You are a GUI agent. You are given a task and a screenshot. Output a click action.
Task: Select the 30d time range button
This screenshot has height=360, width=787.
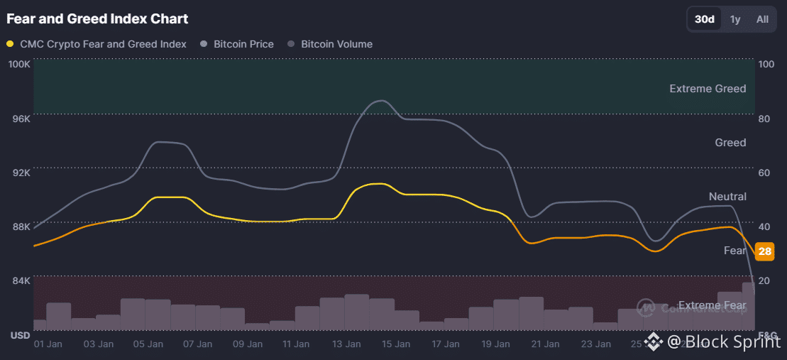click(705, 19)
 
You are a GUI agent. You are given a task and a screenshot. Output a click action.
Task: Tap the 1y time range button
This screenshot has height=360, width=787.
click(735, 19)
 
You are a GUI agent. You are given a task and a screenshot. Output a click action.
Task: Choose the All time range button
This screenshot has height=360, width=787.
click(762, 19)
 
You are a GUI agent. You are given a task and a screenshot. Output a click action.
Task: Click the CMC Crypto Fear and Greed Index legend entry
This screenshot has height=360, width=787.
click(97, 44)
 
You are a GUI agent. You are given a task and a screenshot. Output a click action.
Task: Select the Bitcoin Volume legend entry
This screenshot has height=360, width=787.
click(330, 44)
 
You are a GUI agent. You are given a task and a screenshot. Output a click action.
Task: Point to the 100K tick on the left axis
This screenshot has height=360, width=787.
click(18, 64)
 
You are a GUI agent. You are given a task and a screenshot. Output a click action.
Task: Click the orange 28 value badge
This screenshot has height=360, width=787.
click(764, 251)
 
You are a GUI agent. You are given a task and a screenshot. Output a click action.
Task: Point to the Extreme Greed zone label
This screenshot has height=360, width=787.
click(708, 89)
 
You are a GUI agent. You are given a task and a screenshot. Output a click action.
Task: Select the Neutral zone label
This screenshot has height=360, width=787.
click(727, 197)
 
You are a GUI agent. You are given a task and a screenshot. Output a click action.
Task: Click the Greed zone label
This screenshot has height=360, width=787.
click(730, 143)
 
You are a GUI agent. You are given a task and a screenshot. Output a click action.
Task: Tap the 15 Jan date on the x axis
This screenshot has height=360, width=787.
click(395, 344)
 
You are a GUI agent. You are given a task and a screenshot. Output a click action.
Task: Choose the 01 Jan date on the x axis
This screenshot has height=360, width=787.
click(49, 344)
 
